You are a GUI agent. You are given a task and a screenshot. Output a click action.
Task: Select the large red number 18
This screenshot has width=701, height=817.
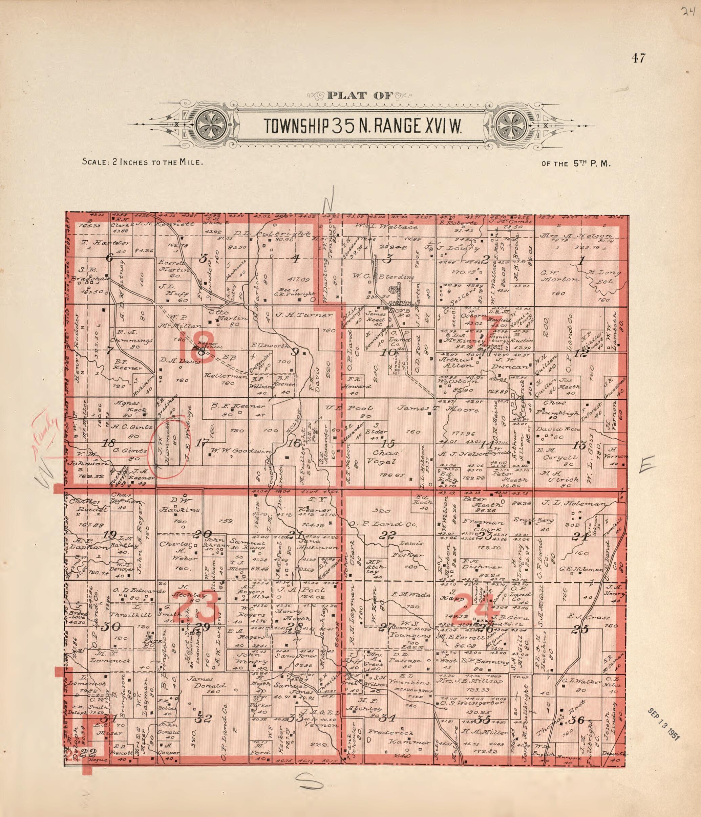coord(196,346)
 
